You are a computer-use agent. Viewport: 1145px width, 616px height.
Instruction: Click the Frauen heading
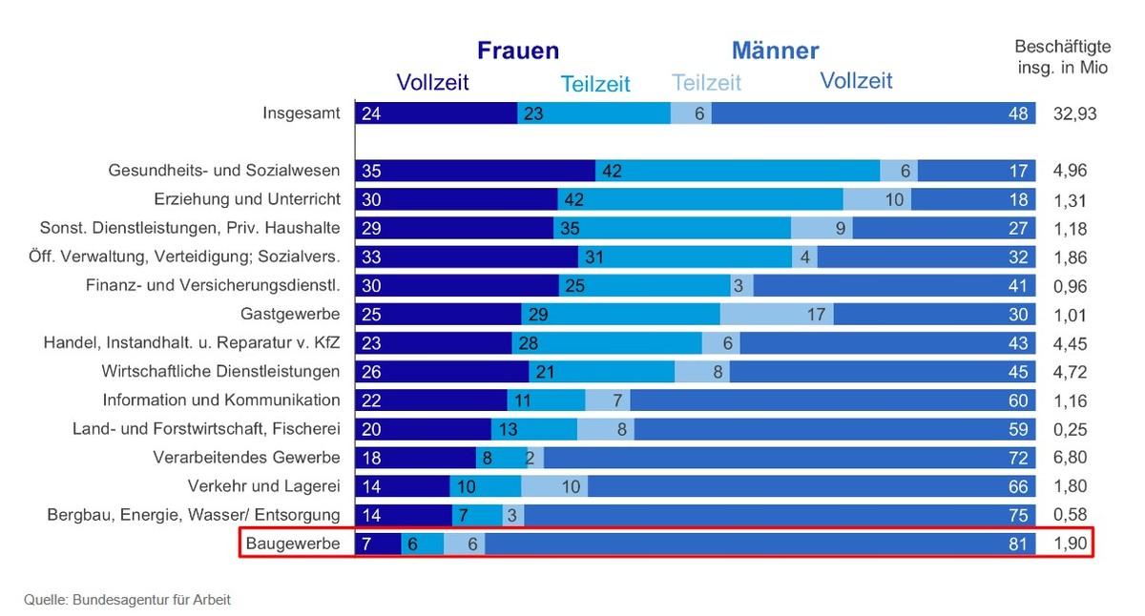coord(518,51)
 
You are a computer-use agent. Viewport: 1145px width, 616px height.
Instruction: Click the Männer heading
coord(775,51)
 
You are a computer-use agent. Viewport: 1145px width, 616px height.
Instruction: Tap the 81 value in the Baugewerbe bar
coord(1018,544)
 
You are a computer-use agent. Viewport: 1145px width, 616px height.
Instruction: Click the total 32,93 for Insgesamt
coord(1073,113)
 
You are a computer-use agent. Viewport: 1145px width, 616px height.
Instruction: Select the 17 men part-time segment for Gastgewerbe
coord(815,315)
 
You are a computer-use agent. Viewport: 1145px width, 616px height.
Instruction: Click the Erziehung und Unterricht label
coord(247,200)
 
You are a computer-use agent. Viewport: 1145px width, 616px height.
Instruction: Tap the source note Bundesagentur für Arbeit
coord(127,600)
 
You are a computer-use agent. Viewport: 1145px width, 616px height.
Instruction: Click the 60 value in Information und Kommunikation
coord(1018,400)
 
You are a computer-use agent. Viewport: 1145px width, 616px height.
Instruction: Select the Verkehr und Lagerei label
coord(264,486)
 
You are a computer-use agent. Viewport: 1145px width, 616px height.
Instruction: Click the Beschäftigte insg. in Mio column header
coord(1062,56)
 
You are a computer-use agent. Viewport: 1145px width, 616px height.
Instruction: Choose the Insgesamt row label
coord(302,113)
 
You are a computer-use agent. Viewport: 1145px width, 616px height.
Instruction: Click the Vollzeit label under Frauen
coord(433,82)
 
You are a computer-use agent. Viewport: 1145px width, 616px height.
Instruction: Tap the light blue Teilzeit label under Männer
coord(706,83)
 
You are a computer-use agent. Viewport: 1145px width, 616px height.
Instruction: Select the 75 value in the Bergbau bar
coord(1018,515)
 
